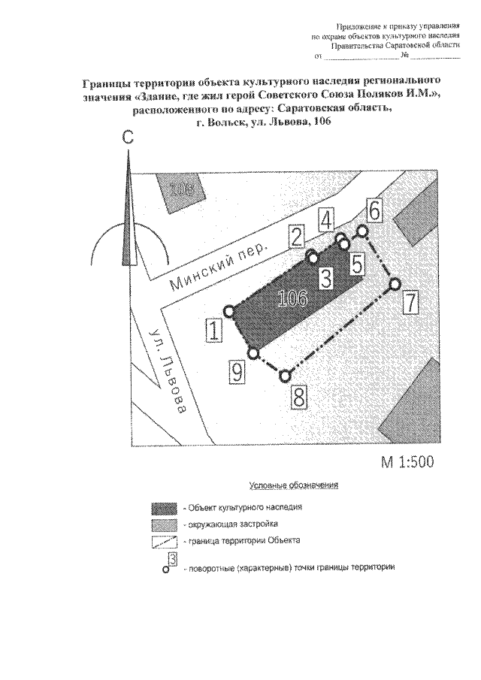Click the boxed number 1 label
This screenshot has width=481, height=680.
pos(216,331)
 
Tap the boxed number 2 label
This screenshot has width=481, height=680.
pos(298,238)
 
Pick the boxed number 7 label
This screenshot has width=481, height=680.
pos(410,303)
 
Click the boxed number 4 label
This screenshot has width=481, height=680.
pos(325,219)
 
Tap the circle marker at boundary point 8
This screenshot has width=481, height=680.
pos(284,375)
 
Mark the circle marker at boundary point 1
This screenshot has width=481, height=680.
pos(230,310)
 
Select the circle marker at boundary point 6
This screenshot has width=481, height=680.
pos(362,230)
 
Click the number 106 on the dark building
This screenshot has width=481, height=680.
pos(292,298)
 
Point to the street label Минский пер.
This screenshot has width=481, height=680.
pos(219,269)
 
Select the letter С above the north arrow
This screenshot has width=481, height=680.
pos(129,138)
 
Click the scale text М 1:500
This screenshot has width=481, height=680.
pos(408,462)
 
